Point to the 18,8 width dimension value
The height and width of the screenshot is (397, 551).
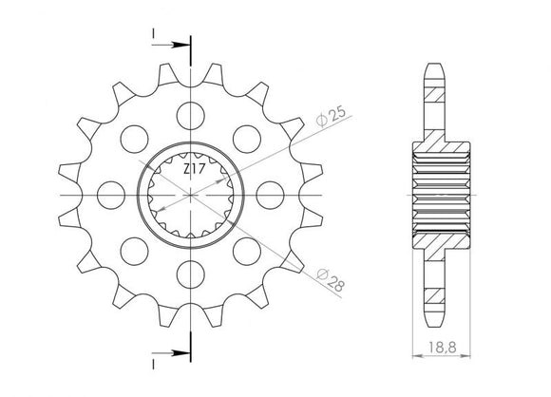tap(441, 350)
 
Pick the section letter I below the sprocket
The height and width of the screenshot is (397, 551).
tap(152, 362)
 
